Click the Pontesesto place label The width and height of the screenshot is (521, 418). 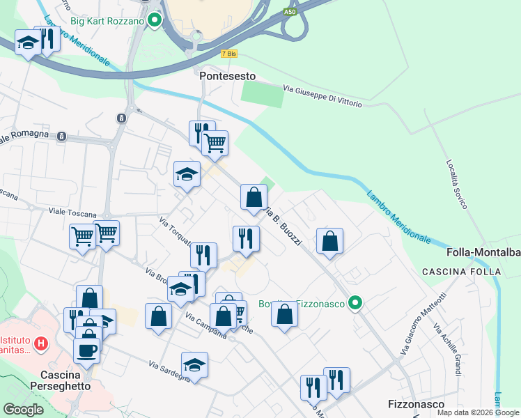coord(227,76)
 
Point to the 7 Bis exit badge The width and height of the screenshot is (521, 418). coord(228,54)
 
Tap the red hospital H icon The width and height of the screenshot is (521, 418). coord(42,343)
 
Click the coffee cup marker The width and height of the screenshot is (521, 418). coord(86,350)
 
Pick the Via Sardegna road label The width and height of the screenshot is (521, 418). coord(169,371)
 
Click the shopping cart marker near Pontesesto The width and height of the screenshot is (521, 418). coord(215,142)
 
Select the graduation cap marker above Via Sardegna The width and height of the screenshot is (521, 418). coord(194,364)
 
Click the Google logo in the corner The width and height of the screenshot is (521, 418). coord(24,410)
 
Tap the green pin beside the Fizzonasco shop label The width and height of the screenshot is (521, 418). coord(355,303)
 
